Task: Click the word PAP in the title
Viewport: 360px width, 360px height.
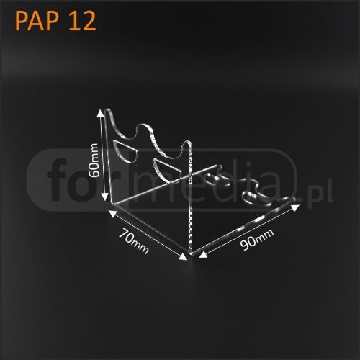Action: point(37,21)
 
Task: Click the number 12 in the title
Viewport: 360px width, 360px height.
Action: point(82,21)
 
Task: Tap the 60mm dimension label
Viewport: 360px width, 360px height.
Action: point(94,160)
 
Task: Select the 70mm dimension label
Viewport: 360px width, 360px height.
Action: point(133,241)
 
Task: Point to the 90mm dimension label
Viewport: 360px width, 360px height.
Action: point(257,240)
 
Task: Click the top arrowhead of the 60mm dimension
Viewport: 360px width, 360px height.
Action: point(101,113)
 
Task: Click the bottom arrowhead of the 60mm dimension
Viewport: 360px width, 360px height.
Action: point(104,197)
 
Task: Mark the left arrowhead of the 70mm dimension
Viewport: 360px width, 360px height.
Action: point(112,214)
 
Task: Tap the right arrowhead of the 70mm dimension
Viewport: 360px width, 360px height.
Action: point(184,256)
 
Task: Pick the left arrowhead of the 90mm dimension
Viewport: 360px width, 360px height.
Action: point(203,254)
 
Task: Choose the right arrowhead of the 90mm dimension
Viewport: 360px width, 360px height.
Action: point(295,207)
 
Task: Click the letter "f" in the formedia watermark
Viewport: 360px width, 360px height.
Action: point(57,179)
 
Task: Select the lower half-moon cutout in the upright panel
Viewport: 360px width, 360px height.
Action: point(166,170)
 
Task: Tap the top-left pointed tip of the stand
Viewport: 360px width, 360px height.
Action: point(107,110)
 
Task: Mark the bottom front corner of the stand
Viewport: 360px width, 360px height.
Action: point(191,253)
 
